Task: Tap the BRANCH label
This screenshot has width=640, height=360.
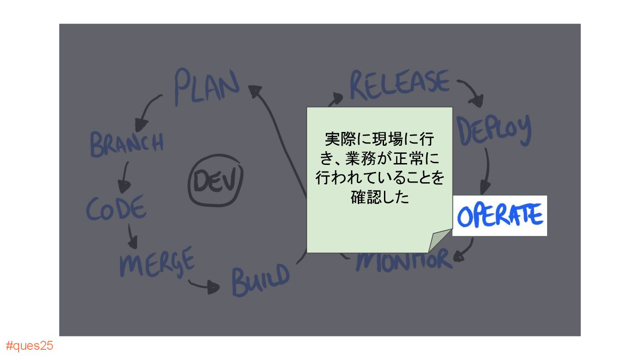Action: [x=127, y=143]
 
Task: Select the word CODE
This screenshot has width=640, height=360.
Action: [x=116, y=208]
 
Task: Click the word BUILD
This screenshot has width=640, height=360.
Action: [x=260, y=279]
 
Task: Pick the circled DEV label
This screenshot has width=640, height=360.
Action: [x=216, y=182]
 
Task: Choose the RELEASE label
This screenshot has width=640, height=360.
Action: [x=400, y=84]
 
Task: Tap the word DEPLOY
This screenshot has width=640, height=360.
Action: [x=494, y=129]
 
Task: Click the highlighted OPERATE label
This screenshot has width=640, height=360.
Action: [x=500, y=216]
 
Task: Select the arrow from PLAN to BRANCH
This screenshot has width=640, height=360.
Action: [x=148, y=109]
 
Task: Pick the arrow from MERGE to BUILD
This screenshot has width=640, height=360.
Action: [x=204, y=286]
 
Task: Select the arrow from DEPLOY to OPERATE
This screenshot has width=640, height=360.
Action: [x=487, y=171]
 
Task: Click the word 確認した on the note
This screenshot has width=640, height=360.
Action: [x=379, y=197]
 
